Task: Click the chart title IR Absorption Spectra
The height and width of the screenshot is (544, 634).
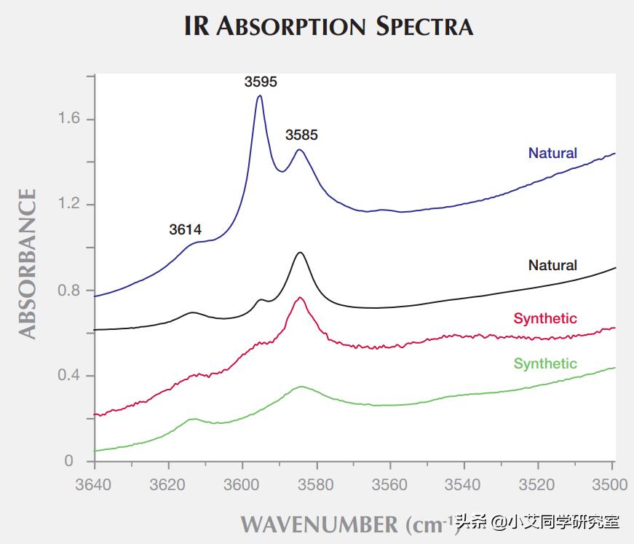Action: pos(328,26)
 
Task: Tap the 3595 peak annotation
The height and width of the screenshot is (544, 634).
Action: pos(261,82)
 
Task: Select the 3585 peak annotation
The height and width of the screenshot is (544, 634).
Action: pos(301,135)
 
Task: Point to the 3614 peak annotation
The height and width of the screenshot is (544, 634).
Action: pos(185,230)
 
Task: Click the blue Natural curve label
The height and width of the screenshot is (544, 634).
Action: pos(552,153)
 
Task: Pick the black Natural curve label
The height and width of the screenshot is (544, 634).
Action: pos(552,265)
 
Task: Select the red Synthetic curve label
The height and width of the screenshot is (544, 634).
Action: pos(545,318)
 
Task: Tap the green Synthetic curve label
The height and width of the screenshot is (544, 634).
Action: pos(545,363)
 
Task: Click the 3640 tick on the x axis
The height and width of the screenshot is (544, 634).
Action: pos(95,484)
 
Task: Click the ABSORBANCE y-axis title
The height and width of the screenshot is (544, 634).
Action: pos(27,264)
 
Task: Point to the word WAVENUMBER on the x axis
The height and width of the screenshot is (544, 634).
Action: pos(319,524)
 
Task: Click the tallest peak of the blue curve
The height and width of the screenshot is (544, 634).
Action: pos(259,96)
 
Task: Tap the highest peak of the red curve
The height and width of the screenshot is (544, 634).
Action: pos(300,298)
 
